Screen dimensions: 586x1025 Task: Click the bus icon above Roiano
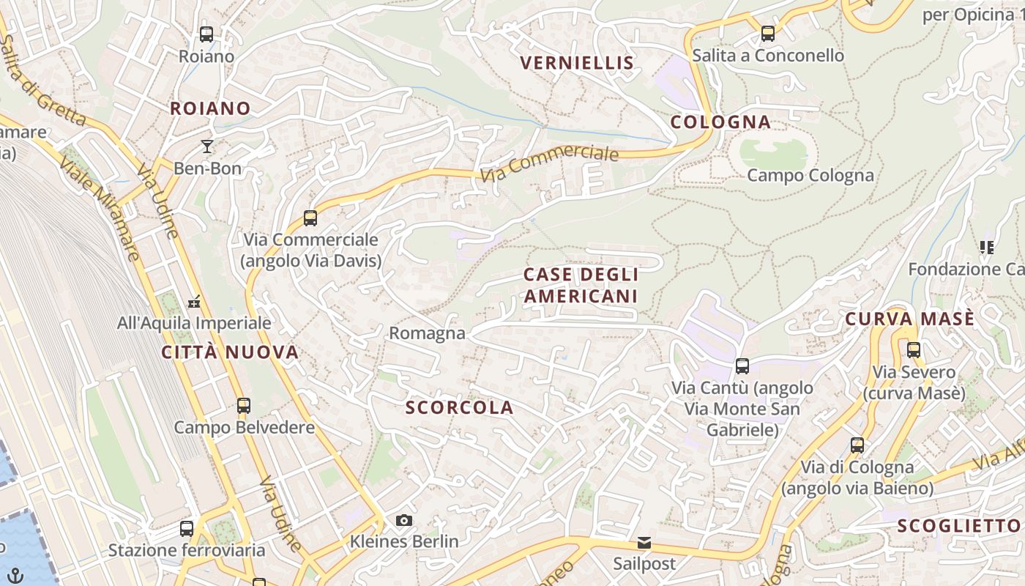(x=206, y=34)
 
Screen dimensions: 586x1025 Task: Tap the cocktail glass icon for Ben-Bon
(x=207, y=146)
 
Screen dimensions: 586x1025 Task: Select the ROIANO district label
(x=210, y=108)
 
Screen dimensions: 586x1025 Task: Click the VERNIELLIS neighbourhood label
(x=577, y=63)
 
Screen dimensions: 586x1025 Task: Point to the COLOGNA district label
(x=720, y=122)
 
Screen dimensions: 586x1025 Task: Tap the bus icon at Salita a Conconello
(x=767, y=33)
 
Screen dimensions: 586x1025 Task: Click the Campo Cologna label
(x=810, y=175)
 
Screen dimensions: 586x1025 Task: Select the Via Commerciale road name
(x=550, y=162)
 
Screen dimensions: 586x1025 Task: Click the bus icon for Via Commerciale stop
(x=310, y=218)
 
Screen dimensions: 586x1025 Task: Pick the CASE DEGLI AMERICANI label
(x=581, y=285)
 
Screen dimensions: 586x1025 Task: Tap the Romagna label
(x=427, y=333)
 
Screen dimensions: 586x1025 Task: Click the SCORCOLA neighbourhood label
(x=460, y=408)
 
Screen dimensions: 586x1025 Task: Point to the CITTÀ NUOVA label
(x=230, y=352)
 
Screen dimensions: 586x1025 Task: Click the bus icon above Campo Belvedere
(x=244, y=405)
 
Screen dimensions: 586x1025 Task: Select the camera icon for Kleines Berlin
(x=403, y=521)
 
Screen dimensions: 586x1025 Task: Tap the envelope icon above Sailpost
(x=644, y=543)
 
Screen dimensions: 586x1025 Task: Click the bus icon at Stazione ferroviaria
(x=187, y=528)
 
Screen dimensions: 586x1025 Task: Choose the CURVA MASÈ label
(x=909, y=319)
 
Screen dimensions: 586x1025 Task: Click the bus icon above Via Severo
(x=913, y=350)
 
